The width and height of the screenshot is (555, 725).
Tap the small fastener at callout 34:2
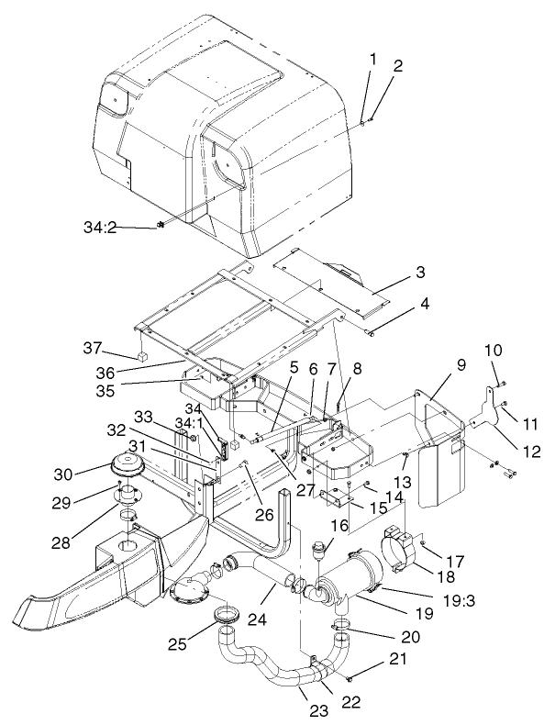point(160,224)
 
